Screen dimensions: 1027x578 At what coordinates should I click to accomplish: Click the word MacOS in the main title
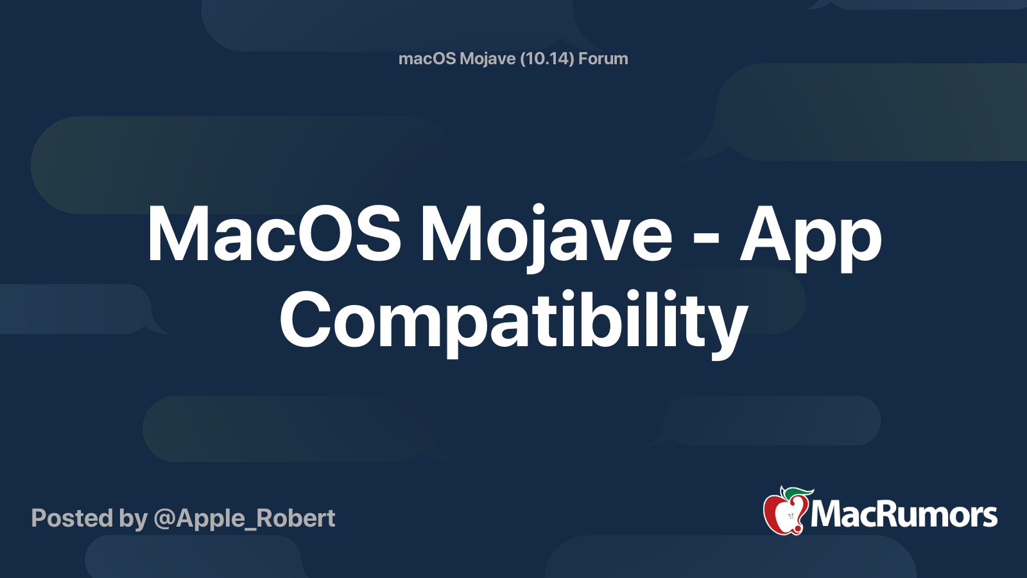pyautogui.click(x=274, y=234)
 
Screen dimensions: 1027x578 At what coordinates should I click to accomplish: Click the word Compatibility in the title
pyautogui.click(x=513, y=324)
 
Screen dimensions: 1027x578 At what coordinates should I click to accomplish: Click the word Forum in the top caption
pyautogui.click(x=603, y=58)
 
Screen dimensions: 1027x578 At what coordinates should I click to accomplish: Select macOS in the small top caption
pyautogui.click(x=427, y=58)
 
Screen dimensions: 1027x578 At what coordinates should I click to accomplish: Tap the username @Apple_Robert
pyautogui.click(x=245, y=519)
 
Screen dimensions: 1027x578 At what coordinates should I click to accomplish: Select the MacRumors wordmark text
pyautogui.click(x=903, y=514)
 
